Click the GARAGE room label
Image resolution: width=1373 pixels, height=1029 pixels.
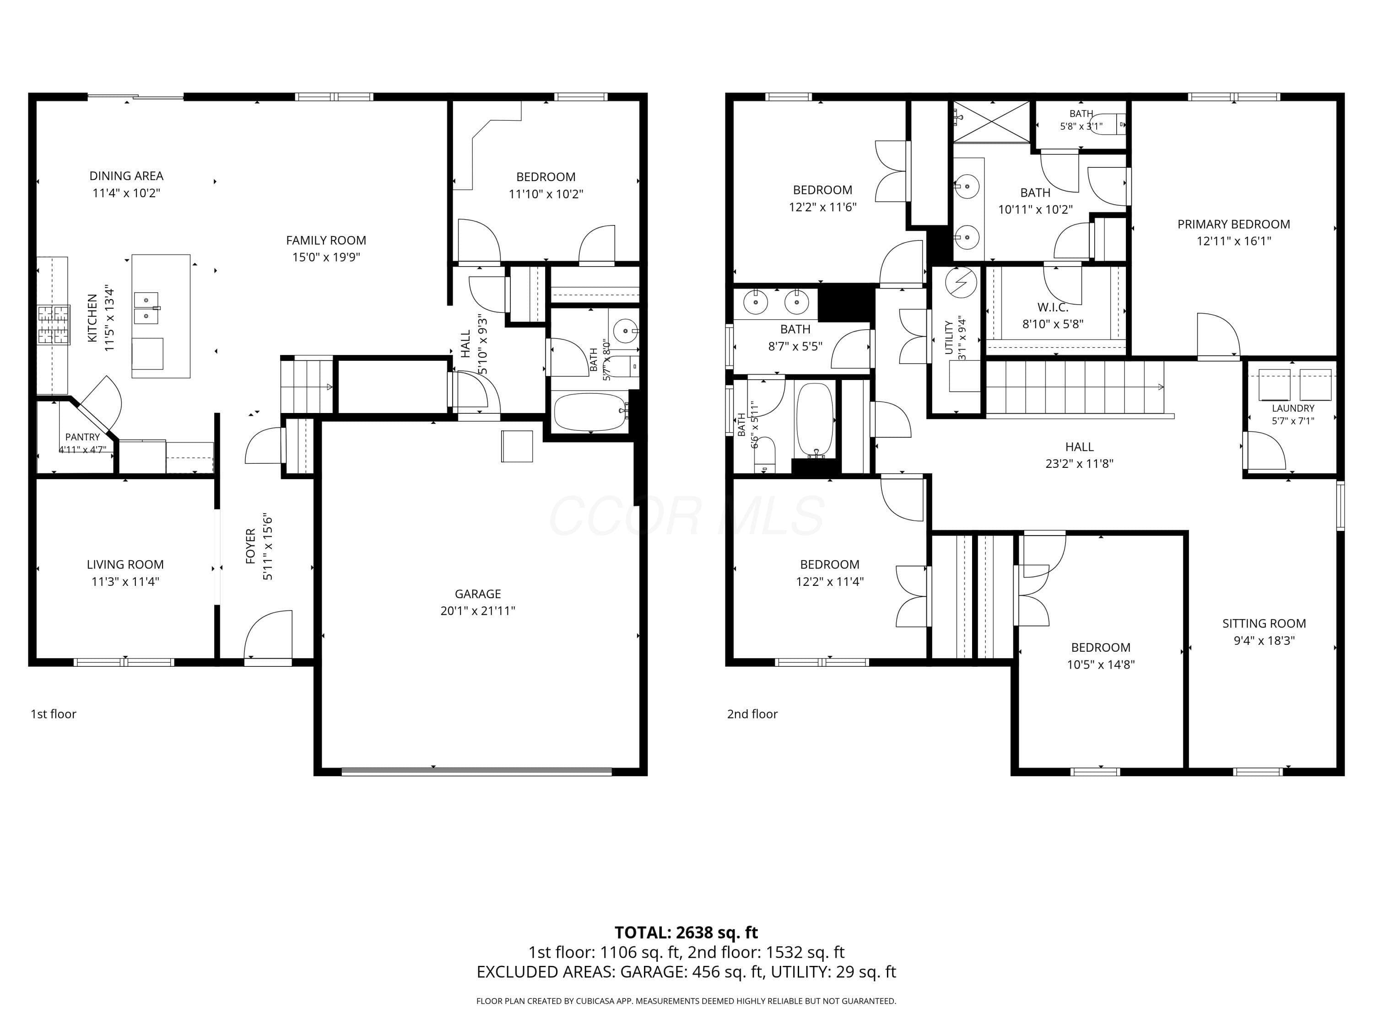pos(477,594)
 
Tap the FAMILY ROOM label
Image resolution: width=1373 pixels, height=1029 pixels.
pos(326,240)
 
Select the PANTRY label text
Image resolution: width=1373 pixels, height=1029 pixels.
pos(82,437)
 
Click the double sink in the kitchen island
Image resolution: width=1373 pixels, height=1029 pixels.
pos(147,308)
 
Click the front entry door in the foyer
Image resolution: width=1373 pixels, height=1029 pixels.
pos(268,636)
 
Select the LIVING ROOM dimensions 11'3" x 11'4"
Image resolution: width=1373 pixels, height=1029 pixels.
pos(125,582)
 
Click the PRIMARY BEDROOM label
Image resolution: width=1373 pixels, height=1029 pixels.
pos(1234,224)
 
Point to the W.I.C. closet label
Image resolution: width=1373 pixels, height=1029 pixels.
pos(1053,307)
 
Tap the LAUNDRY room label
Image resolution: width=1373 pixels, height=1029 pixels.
pos(1293,408)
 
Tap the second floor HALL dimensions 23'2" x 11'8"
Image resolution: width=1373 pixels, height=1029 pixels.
pos(1079,463)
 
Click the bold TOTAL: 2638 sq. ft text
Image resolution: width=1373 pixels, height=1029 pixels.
pos(686,932)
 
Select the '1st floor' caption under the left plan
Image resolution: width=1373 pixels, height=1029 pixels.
pos(54,714)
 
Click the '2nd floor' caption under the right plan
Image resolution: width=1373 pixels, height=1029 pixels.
pos(752,714)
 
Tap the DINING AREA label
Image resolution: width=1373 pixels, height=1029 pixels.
pos(127,176)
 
